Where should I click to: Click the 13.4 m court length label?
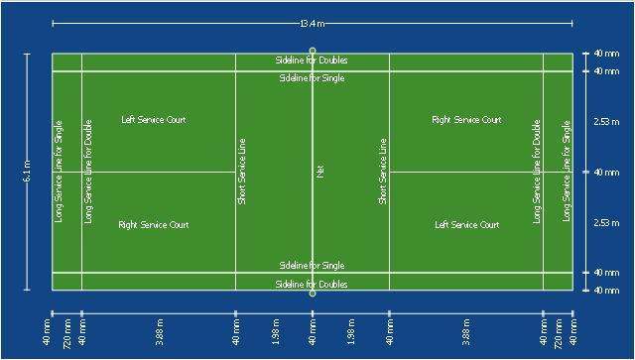point(312,24)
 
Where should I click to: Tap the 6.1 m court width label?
point(28,172)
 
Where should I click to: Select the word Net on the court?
point(319,172)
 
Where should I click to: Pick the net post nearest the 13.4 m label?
point(313,51)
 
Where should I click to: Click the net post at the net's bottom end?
point(313,294)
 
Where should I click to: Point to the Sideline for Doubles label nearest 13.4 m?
point(312,60)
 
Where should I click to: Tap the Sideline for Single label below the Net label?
point(312,266)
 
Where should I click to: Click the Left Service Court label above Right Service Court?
point(154,120)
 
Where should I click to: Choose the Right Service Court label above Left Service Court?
point(466,120)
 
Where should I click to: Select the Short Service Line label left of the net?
point(242,172)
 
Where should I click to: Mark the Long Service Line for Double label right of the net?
point(537,172)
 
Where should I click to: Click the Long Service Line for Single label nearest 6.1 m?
point(59,172)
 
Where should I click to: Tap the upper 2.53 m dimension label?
point(606,121)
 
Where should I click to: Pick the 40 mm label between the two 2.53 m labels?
point(606,173)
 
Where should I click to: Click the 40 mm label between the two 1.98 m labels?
point(313,332)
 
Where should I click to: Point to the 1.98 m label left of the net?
point(276,332)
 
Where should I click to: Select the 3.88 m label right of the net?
point(466,332)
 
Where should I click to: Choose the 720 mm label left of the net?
point(67,334)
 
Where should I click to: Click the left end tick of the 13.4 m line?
point(53,24)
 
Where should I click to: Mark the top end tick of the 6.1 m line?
point(27,54)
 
